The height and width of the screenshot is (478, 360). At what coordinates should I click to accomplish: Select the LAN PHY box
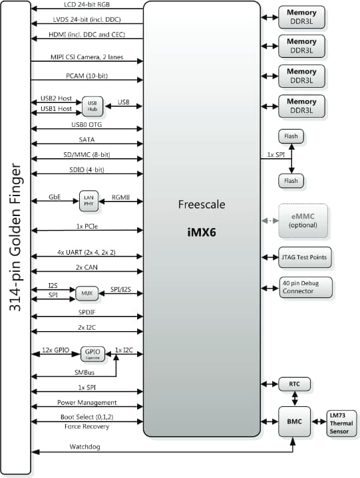(89, 201)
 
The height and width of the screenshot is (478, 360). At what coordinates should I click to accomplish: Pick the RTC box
(293, 384)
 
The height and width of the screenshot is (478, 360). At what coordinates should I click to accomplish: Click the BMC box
(293, 421)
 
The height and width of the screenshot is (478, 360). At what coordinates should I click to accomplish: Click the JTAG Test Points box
(303, 256)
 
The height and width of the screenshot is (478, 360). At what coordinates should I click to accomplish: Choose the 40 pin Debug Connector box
(303, 287)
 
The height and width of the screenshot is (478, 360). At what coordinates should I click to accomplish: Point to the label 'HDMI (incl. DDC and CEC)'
(87, 35)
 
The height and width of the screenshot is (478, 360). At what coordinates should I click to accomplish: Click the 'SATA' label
(87, 140)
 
